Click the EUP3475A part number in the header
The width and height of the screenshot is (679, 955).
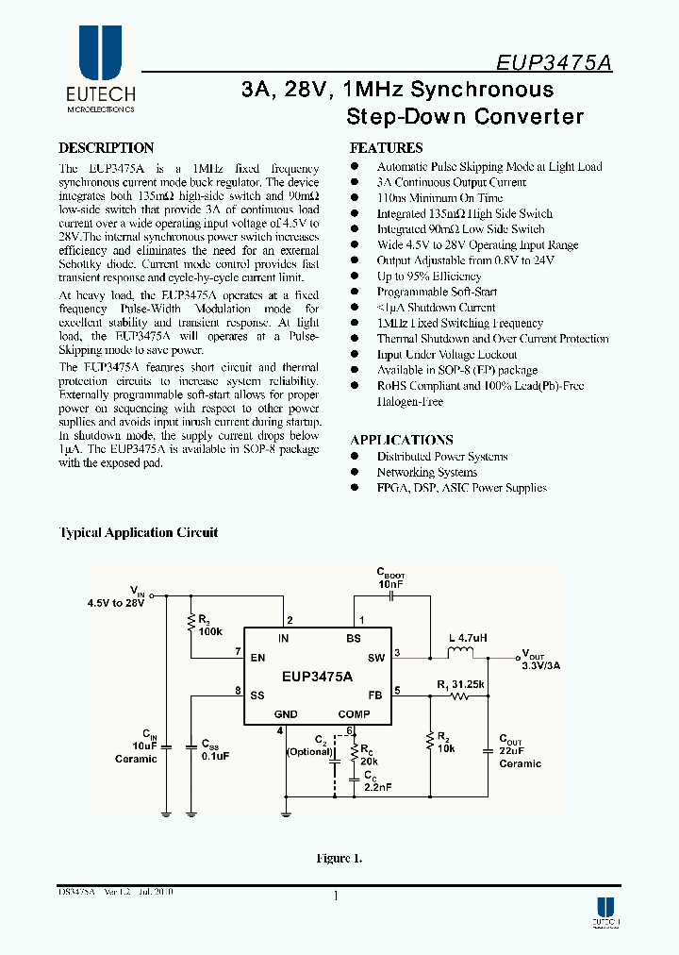pyautogui.click(x=554, y=63)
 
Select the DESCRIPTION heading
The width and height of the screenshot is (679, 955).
pyautogui.click(x=106, y=148)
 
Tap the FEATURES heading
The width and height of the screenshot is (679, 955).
pyautogui.click(x=386, y=148)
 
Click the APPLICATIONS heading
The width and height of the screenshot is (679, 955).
pyautogui.click(x=401, y=440)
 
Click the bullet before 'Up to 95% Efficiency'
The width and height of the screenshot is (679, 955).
pyautogui.click(x=356, y=276)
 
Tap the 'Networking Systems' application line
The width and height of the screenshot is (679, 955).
pyautogui.click(x=426, y=472)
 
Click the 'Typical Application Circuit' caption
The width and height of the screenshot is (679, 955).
pyautogui.click(x=139, y=532)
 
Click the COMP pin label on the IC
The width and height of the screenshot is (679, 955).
pyautogui.click(x=354, y=714)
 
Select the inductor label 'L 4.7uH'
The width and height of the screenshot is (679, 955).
pyautogui.click(x=467, y=638)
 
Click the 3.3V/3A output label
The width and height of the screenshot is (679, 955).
pyautogui.click(x=541, y=665)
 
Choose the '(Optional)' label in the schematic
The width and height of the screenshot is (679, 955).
pyautogui.click(x=309, y=752)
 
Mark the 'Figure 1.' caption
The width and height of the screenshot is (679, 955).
pyautogui.click(x=339, y=859)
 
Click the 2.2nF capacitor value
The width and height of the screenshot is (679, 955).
pyautogui.click(x=376, y=785)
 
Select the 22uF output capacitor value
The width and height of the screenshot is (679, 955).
pyautogui.click(x=513, y=752)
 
